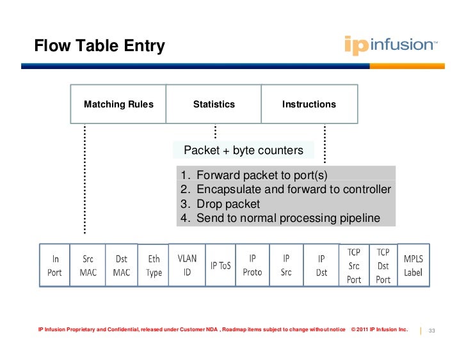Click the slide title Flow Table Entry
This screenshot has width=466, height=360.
click(99, 46)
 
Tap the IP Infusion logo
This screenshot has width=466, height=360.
click(391, 45)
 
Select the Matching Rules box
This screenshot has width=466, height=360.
click(118, 104)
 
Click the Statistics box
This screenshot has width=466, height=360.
click(214, 104)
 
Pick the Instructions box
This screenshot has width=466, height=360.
click(309, 104)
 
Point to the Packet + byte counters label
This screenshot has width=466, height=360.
click(243, 150)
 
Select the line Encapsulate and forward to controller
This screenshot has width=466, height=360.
click(293, 189)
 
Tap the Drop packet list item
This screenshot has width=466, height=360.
click(228, 204)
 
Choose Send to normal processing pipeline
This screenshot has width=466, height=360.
click(288, 218)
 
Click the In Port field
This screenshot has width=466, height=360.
click(56, 265)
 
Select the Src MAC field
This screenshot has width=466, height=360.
click(88, 265)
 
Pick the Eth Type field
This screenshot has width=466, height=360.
click(154, 265)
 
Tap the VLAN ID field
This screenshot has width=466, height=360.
click(187, 265)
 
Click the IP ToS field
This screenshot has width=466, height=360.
click(220, 265)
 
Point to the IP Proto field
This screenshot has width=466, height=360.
click(253, 265)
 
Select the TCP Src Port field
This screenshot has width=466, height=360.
click(354, 265)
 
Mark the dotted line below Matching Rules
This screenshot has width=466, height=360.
click(84, 179)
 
